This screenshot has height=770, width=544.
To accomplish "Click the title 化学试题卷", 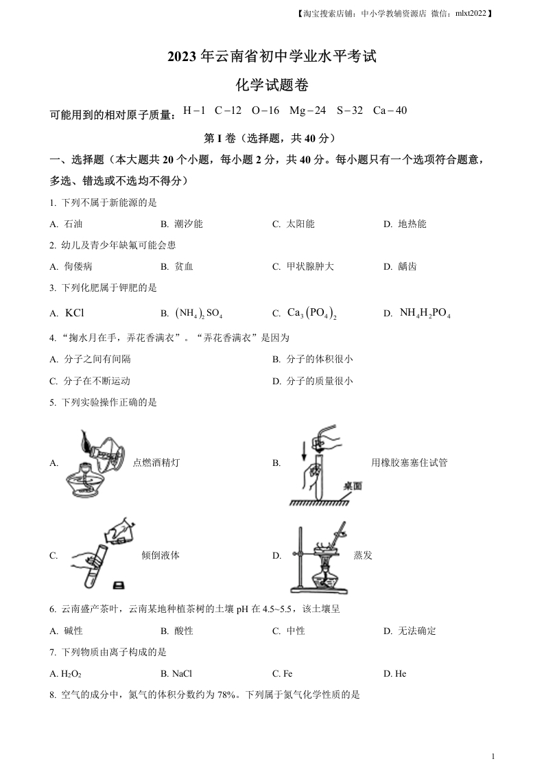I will (272, 85).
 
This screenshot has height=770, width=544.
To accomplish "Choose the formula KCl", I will (74, 313).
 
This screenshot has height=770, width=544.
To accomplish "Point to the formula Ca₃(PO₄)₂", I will (311, 314).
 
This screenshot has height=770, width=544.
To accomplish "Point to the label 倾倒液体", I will (161, 555).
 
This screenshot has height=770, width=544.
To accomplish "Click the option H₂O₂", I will (67, 673).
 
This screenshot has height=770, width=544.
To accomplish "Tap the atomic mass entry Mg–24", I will (307, 110).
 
